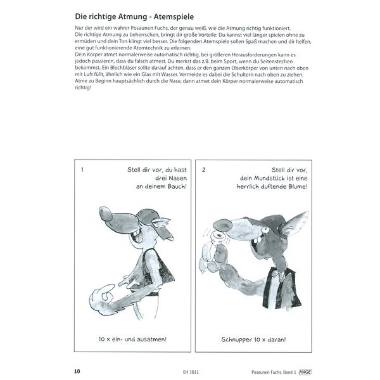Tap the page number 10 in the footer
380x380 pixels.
click(77, 370)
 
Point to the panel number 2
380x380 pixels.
click(203, 170)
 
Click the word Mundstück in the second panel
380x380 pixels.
click(261, 179)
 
